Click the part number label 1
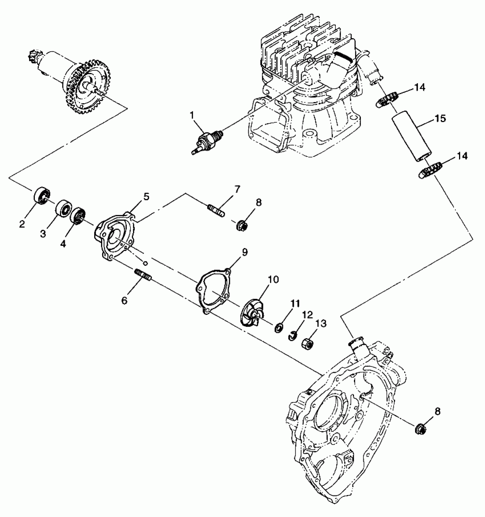click(x=192, y=115)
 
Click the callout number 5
click(x=146, y=196)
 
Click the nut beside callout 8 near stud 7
click(x=242, y=226)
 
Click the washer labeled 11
click(x=279, y=328)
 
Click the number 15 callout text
click(x=440, y=118)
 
